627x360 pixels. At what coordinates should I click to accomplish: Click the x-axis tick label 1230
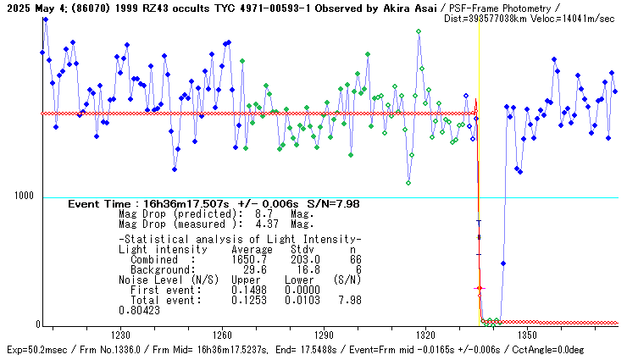(119, 335)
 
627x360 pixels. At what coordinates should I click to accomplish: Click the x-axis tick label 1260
(222, 335)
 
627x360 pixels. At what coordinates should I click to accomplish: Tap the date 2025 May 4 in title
(31, 7)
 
